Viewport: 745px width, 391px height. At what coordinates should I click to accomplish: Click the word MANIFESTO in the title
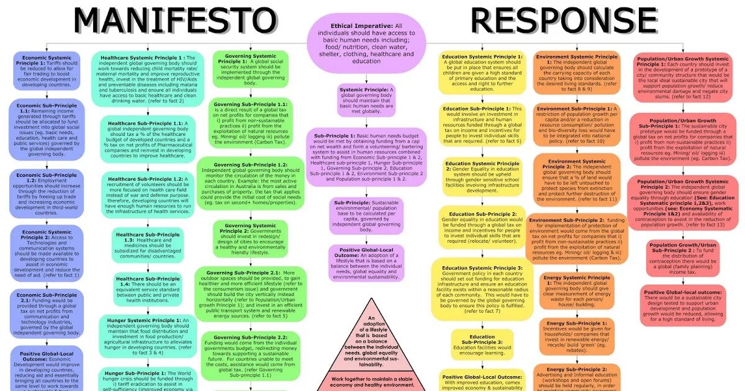click(x=175, y=20)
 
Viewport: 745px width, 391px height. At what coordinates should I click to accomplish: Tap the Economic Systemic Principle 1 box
click(x=47, y=71)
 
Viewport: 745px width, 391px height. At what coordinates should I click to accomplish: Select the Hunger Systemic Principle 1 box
click(x=147, y=338)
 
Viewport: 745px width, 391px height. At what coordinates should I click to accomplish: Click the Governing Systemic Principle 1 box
click(x=246, y=70)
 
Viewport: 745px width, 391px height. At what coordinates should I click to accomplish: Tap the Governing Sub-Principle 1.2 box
click(x=246, y=183)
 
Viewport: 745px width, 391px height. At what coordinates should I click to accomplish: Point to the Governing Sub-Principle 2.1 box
click(x=246, y=295)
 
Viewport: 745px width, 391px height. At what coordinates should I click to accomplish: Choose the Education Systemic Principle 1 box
click(x=482, y=73)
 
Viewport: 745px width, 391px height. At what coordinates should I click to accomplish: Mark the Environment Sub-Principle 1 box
click(x=576, y=124)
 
